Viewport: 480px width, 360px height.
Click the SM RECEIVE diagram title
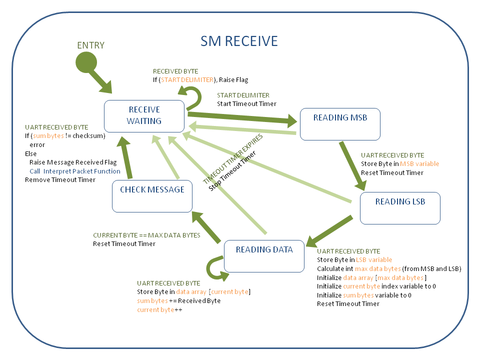(239, 41)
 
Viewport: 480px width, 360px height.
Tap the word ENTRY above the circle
(90, 45)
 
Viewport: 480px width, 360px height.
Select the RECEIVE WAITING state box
(144, 115)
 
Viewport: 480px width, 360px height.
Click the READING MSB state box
(340, 118)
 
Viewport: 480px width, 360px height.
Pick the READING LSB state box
(400, 208)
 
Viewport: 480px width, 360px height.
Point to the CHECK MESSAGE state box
(152, 196)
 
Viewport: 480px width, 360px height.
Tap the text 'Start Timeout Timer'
(246, 104)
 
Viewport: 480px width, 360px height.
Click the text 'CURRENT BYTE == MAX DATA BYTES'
(146, 235)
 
